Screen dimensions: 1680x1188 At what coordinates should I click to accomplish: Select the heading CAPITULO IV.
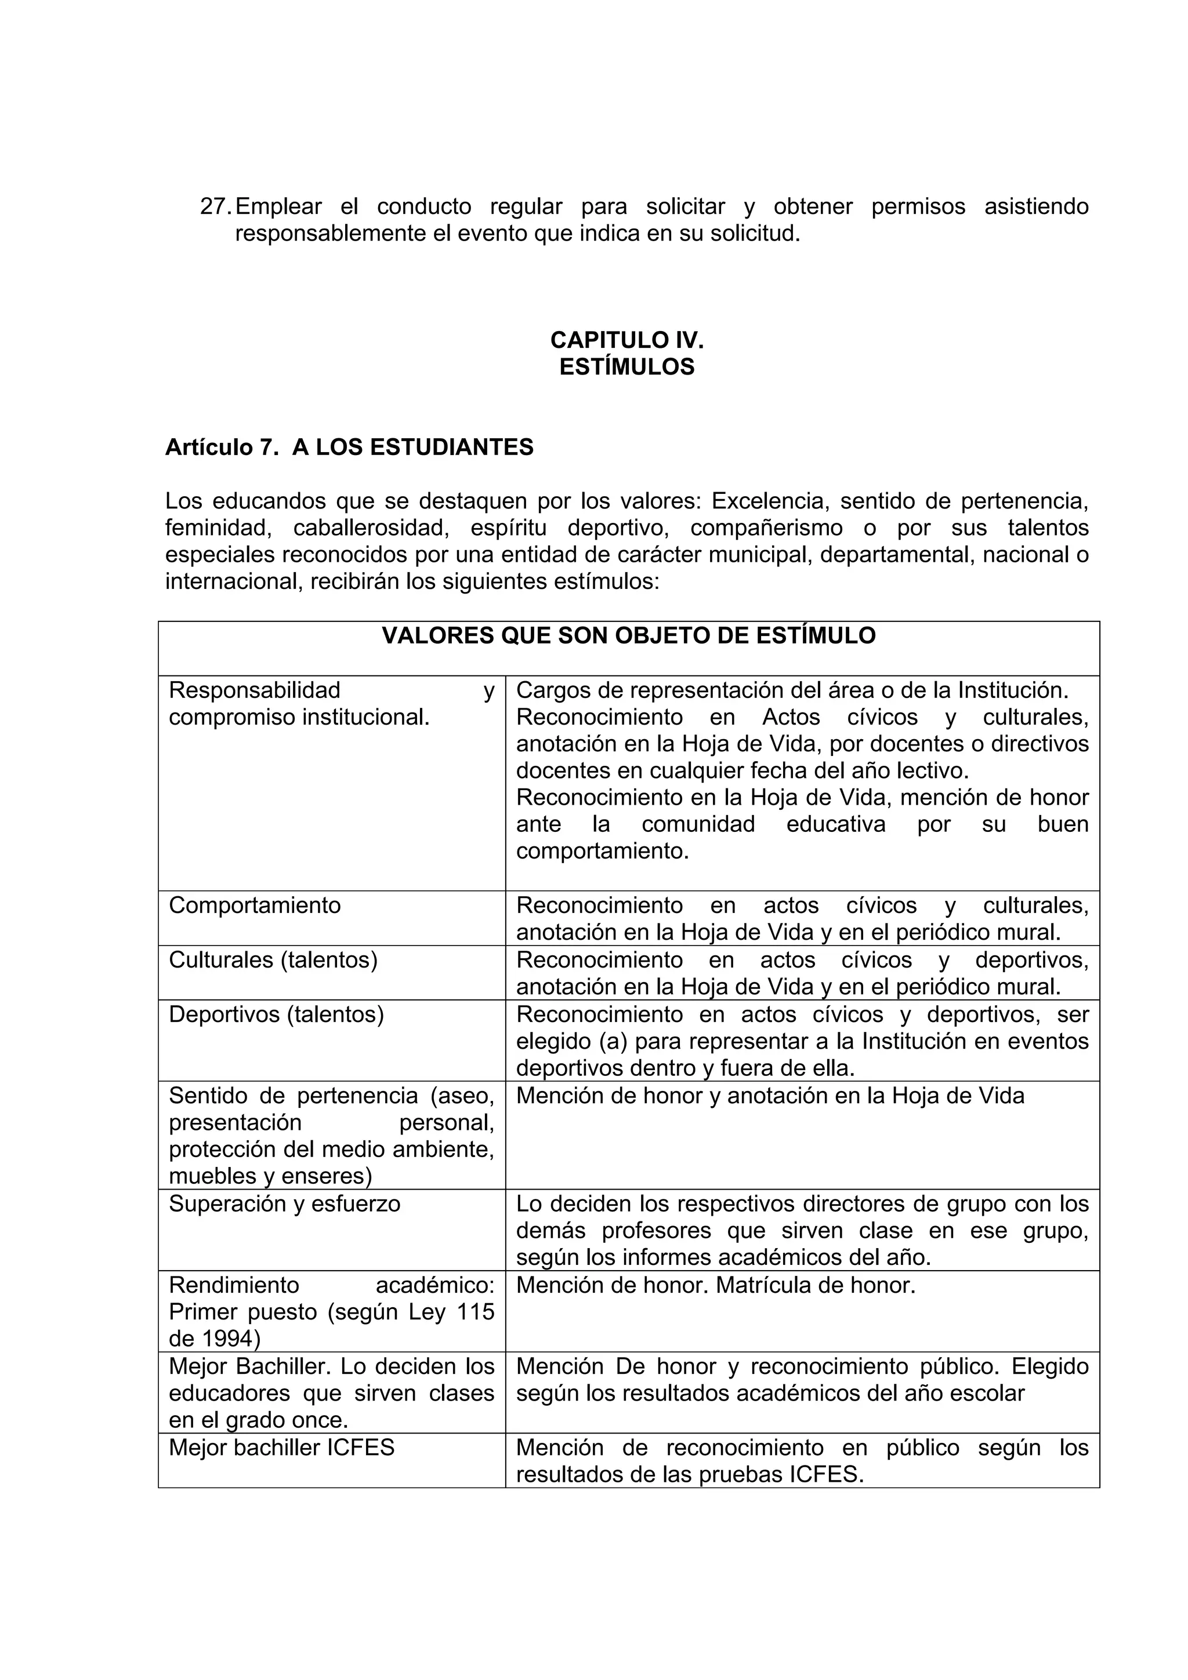pos(626,340)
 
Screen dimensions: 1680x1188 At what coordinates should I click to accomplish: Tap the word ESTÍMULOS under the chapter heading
pos(626,366)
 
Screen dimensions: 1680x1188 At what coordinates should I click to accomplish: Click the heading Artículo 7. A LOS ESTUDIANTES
pos(349,447)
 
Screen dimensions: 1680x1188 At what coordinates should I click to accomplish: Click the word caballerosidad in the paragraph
pos(371,528)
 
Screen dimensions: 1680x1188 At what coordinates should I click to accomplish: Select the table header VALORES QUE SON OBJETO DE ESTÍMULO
pos(628,636)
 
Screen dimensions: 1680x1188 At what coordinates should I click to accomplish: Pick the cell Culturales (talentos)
pos(273,960)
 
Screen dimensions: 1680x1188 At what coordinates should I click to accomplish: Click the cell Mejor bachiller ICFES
pos(281,1448)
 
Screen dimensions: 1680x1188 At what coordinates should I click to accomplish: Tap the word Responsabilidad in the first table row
pos(255,690)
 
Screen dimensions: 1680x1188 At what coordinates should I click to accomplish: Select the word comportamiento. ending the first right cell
pos(603,852)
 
